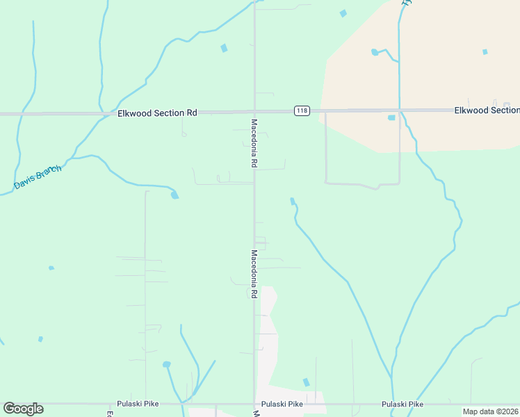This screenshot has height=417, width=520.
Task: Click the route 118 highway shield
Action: coord(301,111)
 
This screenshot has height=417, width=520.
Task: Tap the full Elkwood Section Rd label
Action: coord(157,113)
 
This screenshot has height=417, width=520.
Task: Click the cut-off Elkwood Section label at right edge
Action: coord(487,111)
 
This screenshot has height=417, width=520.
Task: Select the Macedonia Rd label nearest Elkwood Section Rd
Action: coord(254,142)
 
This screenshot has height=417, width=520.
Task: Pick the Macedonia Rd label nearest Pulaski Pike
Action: coord(254,274)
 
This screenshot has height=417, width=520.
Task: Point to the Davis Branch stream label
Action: coord(38,178)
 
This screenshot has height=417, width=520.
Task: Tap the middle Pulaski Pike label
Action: coord(282,404)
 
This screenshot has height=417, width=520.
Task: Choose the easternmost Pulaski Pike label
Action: coord(403,404)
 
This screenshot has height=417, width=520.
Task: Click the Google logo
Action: coord(23,409)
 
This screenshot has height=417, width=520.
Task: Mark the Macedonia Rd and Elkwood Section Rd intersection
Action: coord(254,111)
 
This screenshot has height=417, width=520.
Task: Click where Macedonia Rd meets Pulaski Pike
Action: coord(254,404)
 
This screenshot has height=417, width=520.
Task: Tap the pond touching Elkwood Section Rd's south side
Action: coord(391,117)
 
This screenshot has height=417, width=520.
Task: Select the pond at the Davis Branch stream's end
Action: coord(174,195)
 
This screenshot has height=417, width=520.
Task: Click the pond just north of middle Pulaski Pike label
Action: coord(306,382)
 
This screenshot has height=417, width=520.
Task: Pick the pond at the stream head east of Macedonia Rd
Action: coord(293,202)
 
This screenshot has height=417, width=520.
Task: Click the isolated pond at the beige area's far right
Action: coord(485,51)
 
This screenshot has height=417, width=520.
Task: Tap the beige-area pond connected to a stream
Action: coord(375,52)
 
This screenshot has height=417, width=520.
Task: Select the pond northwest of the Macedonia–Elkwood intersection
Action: coord(224,49)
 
